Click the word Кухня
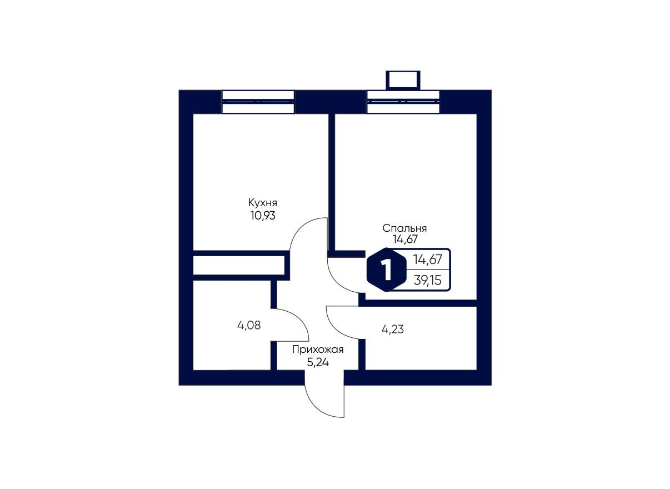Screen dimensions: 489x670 pos(262,203)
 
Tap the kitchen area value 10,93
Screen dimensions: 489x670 pos(262,215)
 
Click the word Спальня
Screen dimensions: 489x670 pos(404,228)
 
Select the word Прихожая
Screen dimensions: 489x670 pos(318,350)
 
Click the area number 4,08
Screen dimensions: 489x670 pos(249,326)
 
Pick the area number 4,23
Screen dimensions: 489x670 pos(392,329)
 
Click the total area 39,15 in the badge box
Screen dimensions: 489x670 pos(427,280)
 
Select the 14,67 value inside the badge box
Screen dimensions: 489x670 pos(427,259)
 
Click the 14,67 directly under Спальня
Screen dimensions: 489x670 pos(404,239)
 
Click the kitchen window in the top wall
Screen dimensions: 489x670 pos(258,102)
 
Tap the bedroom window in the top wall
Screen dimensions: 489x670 pos(403,102)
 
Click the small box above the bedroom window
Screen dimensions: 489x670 pos(403,79)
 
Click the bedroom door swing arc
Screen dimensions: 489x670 pos(342,277)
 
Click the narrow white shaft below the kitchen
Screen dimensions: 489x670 pos(238,265)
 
